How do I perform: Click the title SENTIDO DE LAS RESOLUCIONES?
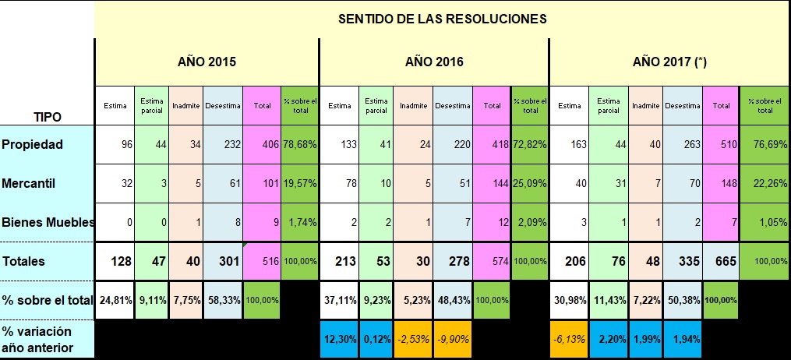[442, 19]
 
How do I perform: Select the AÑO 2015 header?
[206, 61]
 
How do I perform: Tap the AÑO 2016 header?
[434, 61]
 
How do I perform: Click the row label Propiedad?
[32, 144]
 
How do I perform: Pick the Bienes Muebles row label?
[48, 222]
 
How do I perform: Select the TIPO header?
[48, 117]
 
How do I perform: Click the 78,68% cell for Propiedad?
[299, 144]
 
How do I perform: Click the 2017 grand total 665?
[725, 261]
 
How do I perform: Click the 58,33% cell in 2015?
[223, 300]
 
